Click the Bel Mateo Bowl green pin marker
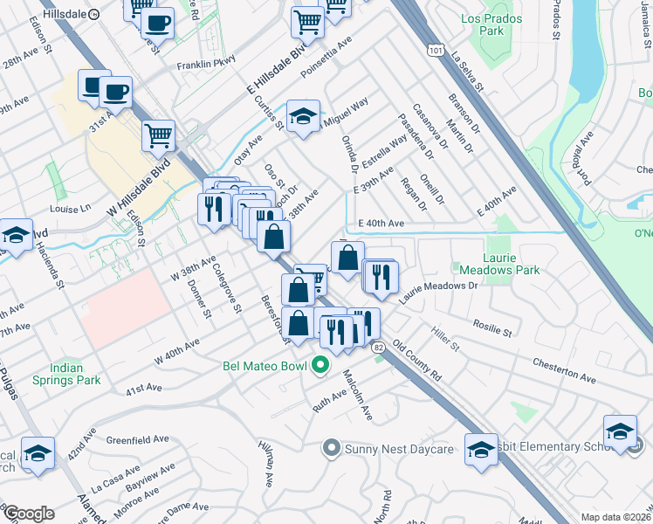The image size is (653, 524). click(320, 364)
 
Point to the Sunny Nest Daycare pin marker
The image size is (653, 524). click(331, 449)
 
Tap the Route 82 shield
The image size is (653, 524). click(377, 348)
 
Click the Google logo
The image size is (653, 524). click(28, 514)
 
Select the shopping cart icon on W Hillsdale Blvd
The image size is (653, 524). click(158, 134)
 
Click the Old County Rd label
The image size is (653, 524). click(416, 360)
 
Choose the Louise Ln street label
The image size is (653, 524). click(70, 209)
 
